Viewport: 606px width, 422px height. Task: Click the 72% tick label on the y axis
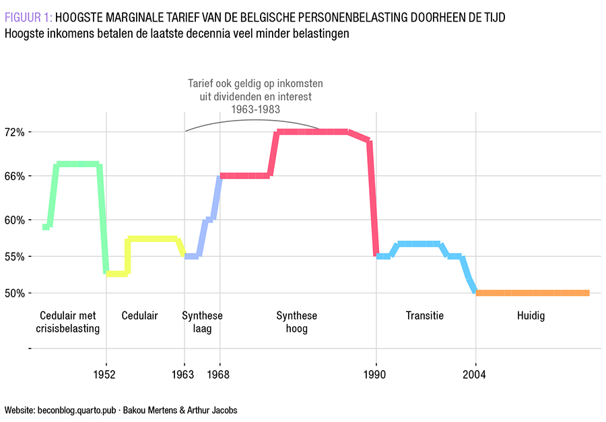click(14, 132)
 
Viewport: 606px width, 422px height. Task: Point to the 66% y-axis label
click(14, 176)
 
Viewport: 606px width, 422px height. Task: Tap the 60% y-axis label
click(14, 220)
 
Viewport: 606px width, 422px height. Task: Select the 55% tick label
click(14, 257)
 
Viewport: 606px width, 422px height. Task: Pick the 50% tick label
click(14, 293)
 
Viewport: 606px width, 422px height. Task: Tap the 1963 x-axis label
click(184, 374)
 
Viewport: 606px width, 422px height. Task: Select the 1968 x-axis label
click(220, 374)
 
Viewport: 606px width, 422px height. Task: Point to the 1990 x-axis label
click(376, 374)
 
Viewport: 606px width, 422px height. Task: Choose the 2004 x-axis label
click(475, 374)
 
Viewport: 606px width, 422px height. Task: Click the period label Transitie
click(425, 315)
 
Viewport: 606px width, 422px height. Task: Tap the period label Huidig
click(531, 315)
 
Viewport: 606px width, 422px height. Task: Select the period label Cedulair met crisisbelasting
click(67, 322)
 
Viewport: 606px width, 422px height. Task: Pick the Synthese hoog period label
click(296, 322)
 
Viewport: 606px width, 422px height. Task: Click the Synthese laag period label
click(202, 322)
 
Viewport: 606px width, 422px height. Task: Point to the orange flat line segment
click(532, 293)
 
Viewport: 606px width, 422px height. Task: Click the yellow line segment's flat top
click(151, 239)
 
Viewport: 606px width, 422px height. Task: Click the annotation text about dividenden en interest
click(255, 96)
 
